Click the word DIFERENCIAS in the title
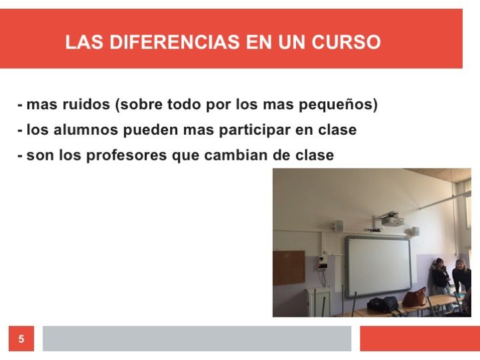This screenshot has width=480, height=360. (x=175, y=42)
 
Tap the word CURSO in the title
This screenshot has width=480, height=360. (x=346, y=42)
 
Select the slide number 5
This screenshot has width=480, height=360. (x=21, y=339)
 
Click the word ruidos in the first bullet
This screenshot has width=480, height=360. (x=86, y=104)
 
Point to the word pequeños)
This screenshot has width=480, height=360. (x=338, y=105)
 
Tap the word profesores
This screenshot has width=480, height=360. (x=127, y=156)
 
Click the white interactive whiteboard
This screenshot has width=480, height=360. (x=379, y=266)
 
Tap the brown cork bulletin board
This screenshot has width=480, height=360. (x=289, y=267)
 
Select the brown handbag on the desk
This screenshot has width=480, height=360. (x=415, y=297)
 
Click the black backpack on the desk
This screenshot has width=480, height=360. (x=383, y=304)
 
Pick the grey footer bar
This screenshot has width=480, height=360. (x=197, y=339)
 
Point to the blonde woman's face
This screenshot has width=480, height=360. (x=459, y=265)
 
